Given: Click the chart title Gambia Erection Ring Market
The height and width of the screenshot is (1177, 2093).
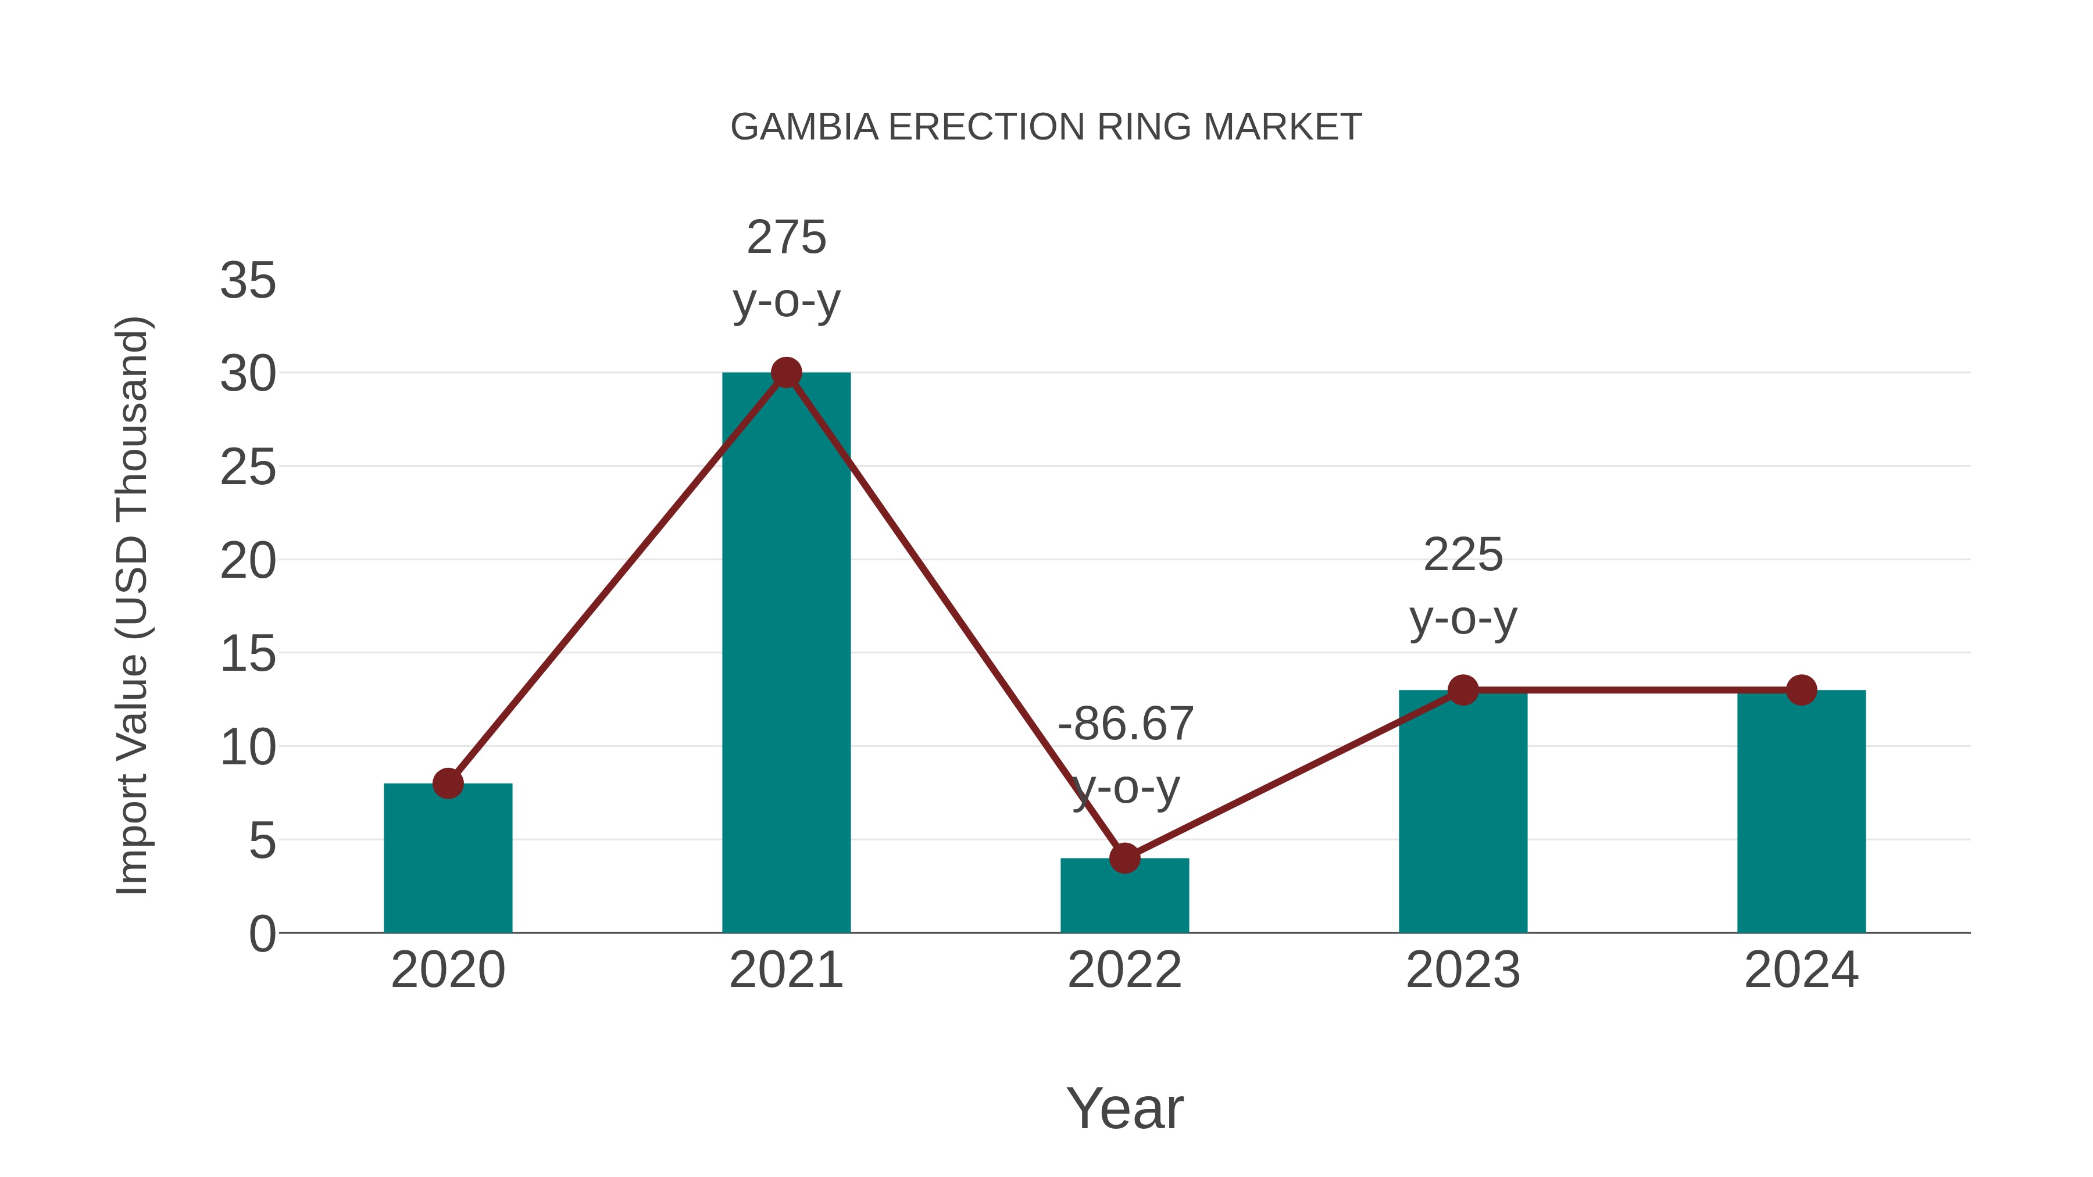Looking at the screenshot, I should click(x=1046, y=127).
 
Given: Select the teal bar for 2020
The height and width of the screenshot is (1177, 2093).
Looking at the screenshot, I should click(x=448, y=861).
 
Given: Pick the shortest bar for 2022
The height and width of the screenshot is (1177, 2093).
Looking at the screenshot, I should click(x=1124, y=897).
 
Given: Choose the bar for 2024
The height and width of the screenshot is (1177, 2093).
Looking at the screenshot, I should click(x=1801, y=813).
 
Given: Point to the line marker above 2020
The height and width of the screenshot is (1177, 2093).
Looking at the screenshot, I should click(x=448, y=784).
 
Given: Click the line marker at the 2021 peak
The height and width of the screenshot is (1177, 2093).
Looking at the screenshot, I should click(x=785, y=373).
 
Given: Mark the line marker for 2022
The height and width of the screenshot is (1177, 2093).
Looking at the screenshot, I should click(x=1124, y=858).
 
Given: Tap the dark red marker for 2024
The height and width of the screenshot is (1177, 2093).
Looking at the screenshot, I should click(x=1801, y=691).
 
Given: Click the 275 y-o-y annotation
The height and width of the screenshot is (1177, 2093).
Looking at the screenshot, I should click(x=785, y=269).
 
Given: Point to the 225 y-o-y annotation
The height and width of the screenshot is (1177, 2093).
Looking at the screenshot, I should click(x=1463, y=586).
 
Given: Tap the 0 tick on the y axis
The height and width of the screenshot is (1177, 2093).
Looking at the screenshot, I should click(x=262, y=934).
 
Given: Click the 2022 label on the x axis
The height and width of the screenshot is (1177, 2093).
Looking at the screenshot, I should click(x=1124, y=971).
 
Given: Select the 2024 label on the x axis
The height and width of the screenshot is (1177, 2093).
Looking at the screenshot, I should click(x=1801, y=971).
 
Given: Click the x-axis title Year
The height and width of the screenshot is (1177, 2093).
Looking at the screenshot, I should click(x=1124, y=1109).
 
